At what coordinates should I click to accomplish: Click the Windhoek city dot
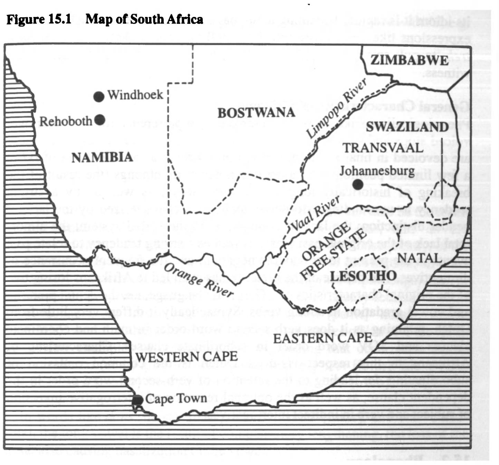click(99, 97)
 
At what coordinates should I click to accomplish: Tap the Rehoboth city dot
click(100, 120)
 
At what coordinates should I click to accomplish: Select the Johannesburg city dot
click(358, 184)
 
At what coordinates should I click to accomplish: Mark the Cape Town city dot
click(137, 400)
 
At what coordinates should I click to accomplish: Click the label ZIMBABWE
click(410, 60)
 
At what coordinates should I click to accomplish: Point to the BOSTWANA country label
click(256, 113)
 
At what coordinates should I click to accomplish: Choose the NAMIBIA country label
click(102, 158)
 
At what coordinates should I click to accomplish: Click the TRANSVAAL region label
click(383, 148)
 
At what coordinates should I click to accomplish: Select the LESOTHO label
click(363, 276)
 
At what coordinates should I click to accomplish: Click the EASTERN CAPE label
click(323, 338)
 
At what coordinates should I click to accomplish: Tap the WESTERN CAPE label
click(186, 357)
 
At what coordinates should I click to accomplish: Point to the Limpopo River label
click(336, 108)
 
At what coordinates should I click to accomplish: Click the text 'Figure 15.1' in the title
click(39, 19)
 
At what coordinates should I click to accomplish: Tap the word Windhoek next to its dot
click(135, 95)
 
